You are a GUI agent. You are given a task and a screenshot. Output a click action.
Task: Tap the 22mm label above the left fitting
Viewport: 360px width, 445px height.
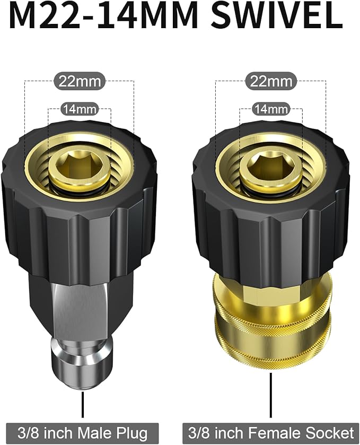pyautogui.click(x=80, y=82)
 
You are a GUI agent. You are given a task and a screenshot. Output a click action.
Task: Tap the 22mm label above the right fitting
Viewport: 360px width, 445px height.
pyautogui.click(x=271, y=82)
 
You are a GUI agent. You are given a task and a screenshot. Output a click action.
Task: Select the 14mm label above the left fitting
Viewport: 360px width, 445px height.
pyautogui.click(x=80, y=109)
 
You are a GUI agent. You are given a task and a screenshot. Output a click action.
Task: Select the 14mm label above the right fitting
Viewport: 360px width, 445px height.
pyautogui.click(x=271, y=109)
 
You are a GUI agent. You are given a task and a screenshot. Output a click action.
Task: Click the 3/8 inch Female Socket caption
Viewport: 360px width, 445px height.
pyautogui.click(x=270, y=433)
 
